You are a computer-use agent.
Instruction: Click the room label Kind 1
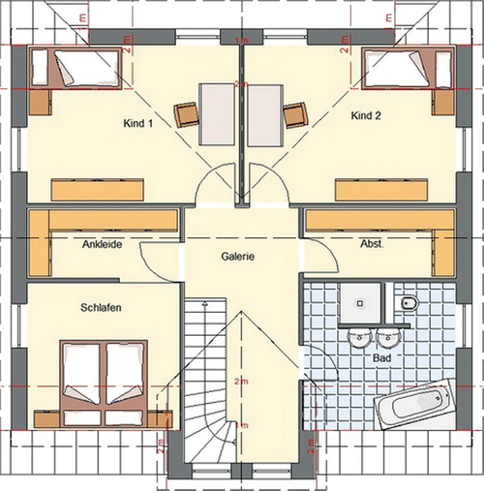click(139, 124)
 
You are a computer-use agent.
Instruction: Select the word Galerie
click(237, 257)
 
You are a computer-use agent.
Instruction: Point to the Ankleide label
click(102, 245)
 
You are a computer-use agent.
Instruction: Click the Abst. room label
click(372, 245)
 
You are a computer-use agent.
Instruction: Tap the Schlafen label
click(100, 307)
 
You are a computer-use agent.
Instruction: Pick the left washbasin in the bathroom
click(359, 339)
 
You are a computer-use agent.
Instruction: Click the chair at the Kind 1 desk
click(186, 113)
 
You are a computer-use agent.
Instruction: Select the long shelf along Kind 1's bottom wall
click(99, 187)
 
